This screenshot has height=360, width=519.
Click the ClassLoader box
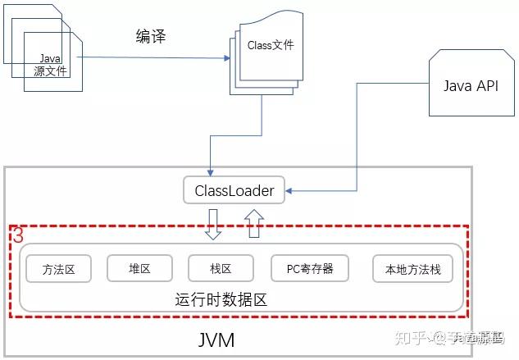click(234, 191)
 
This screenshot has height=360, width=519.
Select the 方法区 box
click(59, 269)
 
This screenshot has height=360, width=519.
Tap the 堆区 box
click(139, 268)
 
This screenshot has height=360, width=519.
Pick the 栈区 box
click(221, 268)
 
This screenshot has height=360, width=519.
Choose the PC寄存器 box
click(310, 268)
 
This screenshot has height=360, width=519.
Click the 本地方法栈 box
click(412, 269)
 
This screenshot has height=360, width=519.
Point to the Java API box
click(470, 86)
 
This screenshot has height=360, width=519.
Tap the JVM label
click(217, 339)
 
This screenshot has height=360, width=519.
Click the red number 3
click(17, 235)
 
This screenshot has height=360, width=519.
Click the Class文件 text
click(270, 46)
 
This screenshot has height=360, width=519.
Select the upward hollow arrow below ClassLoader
click(253, 222)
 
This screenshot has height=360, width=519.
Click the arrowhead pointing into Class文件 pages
click(227, 58)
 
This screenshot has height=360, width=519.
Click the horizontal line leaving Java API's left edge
click(394, 82)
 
